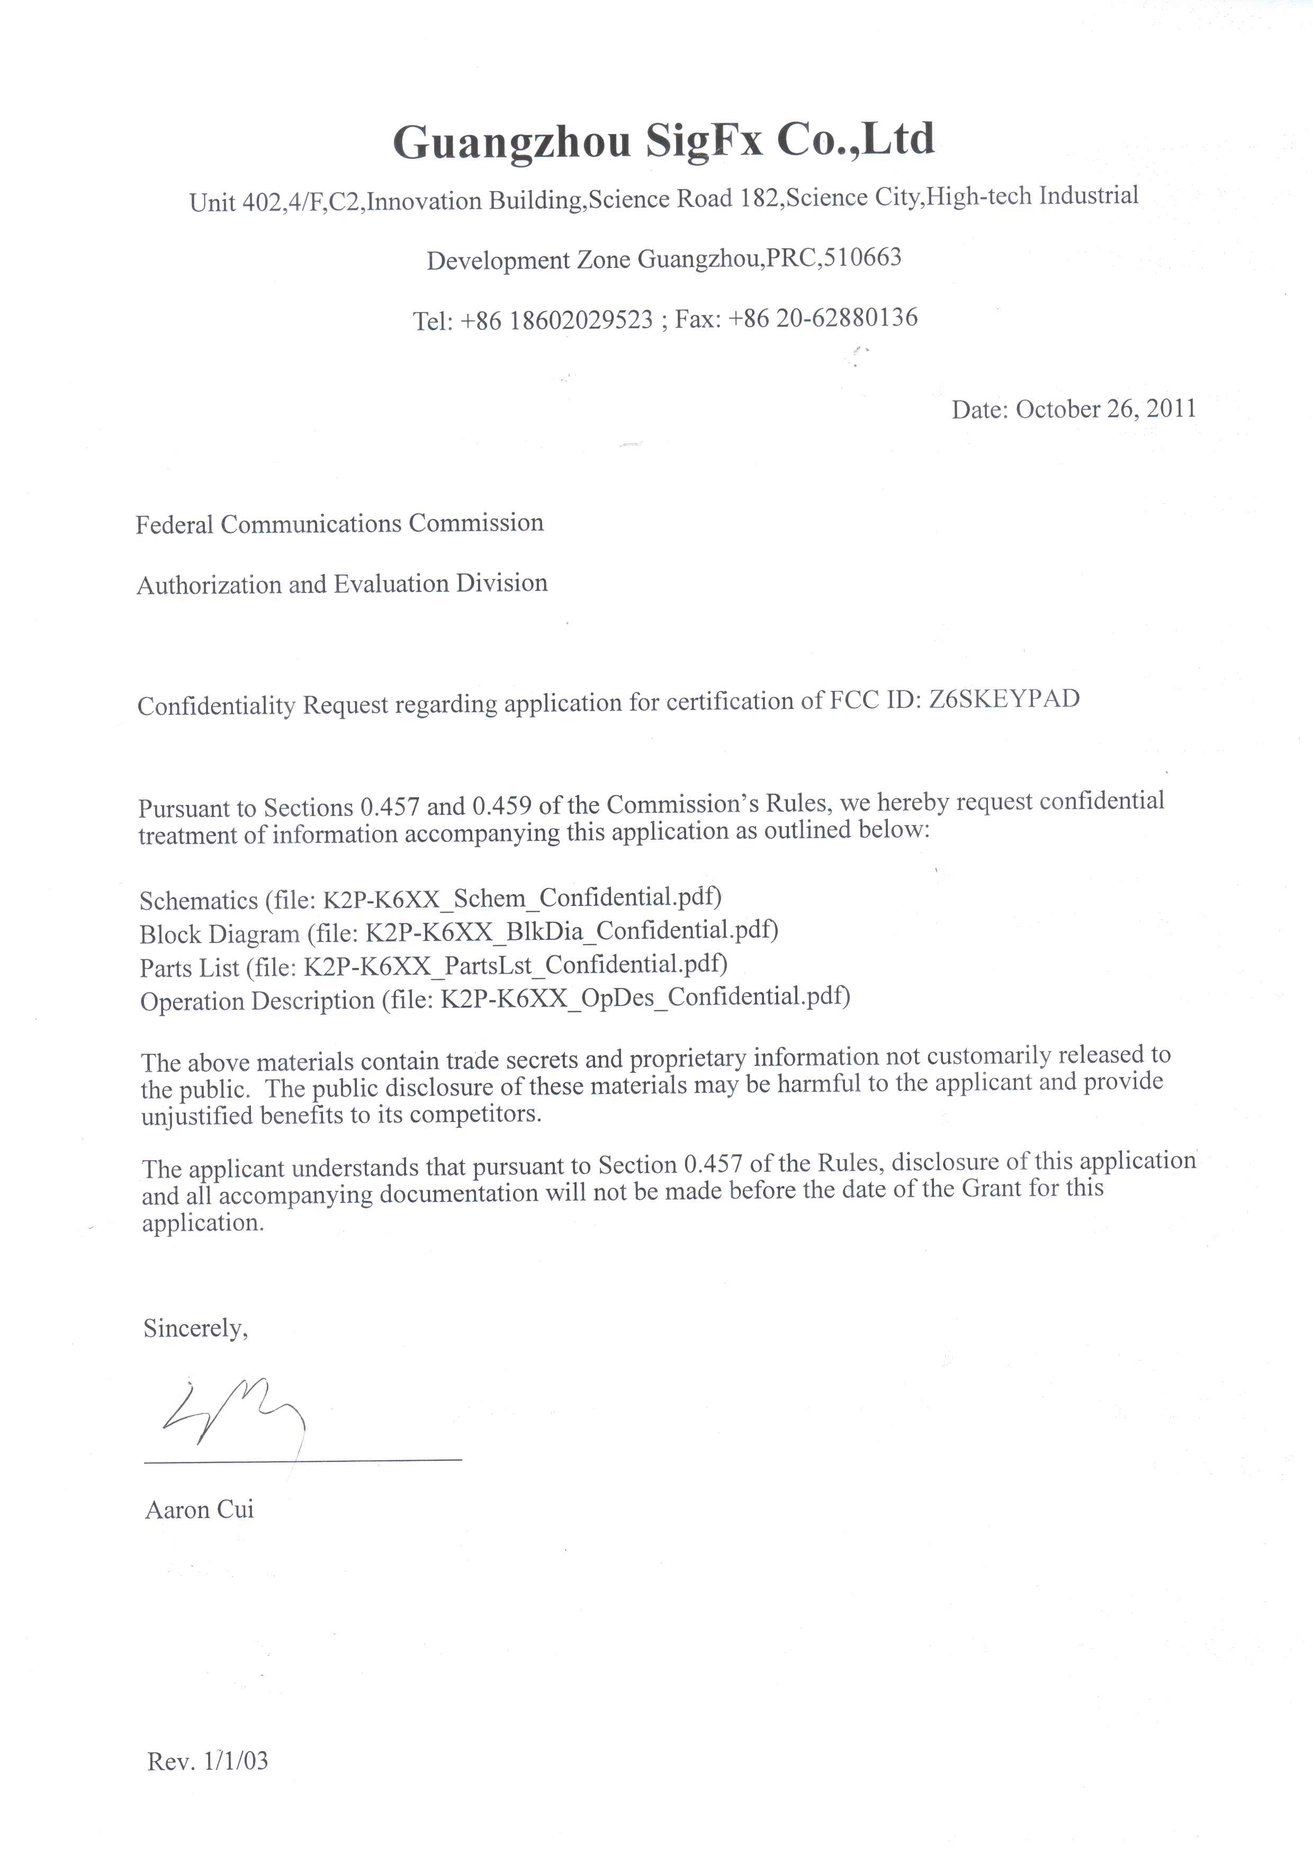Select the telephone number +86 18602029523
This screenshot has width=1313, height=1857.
557,320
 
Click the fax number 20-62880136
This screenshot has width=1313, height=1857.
847,318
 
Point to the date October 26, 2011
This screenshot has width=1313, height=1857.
1105,408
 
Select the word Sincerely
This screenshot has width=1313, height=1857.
195,1328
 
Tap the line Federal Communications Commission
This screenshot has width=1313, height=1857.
339,524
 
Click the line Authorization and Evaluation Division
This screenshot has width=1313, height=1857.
342,584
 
